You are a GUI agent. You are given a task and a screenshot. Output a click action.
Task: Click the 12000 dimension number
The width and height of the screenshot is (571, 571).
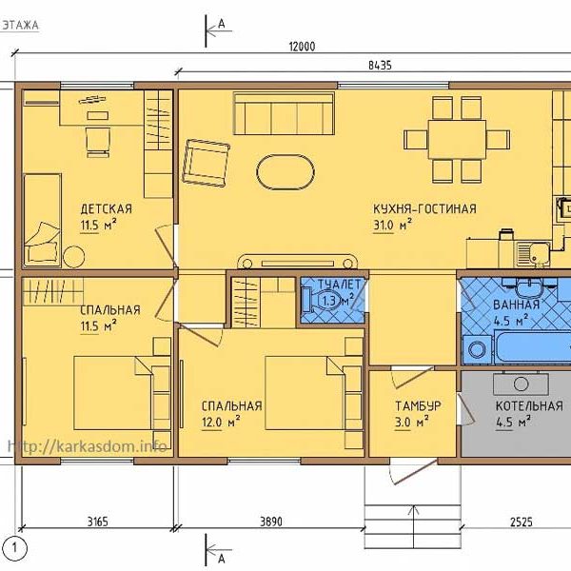(302, 47)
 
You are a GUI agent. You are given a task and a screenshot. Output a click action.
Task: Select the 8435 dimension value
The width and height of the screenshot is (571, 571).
(380, 66)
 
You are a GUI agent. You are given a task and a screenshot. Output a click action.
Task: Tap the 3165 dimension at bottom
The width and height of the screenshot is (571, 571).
(98, 522)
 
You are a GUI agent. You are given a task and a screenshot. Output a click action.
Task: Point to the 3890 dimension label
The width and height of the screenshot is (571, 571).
(271, 522)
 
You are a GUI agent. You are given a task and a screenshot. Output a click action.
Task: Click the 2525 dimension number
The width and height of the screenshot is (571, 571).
(522, 522)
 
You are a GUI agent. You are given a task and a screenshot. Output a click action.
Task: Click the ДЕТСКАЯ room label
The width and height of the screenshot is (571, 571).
(106, 209)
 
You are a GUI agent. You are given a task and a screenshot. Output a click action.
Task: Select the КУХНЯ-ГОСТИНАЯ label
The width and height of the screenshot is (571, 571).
(424, 208)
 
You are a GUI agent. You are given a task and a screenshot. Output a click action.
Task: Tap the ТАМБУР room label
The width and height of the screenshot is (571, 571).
(418, 405)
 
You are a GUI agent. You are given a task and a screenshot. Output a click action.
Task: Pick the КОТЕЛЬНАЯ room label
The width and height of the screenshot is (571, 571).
(529, 405)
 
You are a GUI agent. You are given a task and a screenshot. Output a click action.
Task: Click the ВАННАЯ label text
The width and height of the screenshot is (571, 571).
(516, 305)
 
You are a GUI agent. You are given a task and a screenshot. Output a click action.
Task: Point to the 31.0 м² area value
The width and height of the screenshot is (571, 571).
(392, 225)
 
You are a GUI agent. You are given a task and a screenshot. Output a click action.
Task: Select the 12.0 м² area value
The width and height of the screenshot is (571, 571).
(221, 422)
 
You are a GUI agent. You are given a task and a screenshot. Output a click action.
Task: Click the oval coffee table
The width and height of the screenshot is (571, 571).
(285, 172)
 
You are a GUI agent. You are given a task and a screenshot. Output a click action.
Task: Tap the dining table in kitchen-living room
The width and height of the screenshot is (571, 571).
(457, 140)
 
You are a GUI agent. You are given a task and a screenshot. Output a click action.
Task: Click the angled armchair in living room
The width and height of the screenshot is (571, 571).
(206, 163)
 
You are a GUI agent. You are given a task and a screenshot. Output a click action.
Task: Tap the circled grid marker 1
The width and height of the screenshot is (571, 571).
(14, 548)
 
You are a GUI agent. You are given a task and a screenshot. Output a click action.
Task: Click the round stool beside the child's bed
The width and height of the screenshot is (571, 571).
(74, 257)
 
